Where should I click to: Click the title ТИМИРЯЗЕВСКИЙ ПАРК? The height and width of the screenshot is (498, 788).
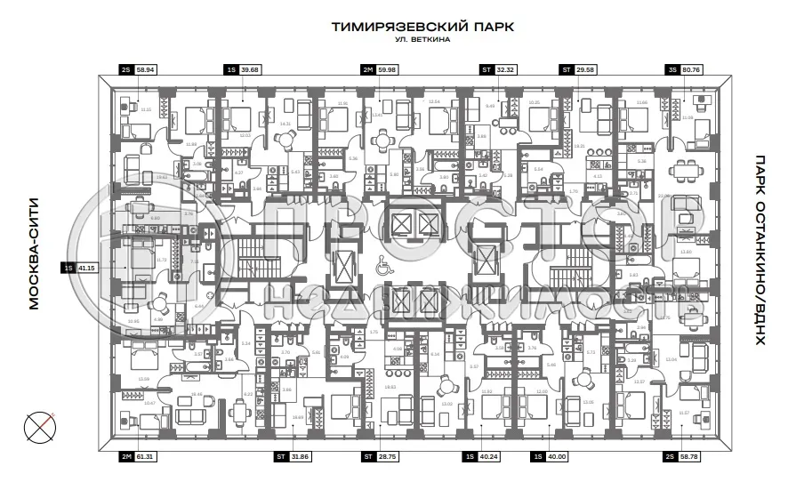tap(422, 27)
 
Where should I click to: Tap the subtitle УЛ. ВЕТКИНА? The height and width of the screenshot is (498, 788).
tap(422, 41)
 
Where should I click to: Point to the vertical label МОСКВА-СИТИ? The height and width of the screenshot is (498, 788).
tap(35, 266)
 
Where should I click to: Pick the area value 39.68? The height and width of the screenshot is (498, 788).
tap(250, 68)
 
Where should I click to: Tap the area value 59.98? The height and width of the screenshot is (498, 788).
tap(388, 68)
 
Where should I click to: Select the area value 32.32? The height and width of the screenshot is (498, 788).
tap(506, 68)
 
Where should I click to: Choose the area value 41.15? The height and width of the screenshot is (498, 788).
tap(86, 267)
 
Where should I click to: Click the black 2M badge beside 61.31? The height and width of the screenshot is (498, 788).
tap(125, 457)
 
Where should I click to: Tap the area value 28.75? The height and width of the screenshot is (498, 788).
tap(389, 457)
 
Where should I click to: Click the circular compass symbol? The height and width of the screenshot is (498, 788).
tap(36, 428)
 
